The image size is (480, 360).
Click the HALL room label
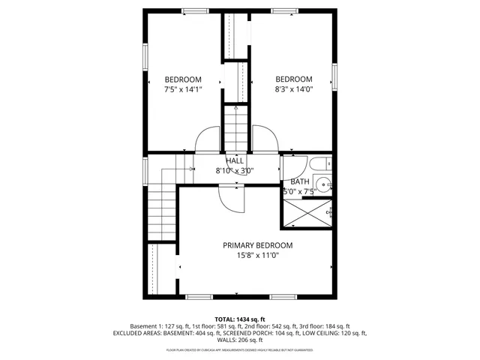point(235,160)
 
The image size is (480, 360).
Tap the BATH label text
point(300,181)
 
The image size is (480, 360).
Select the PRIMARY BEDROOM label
point(257,245)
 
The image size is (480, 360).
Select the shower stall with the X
point(307,213)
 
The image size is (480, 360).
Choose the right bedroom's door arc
point(264,139)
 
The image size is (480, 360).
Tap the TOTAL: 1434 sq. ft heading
point(240,319)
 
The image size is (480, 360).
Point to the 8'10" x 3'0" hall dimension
point(235,170)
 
